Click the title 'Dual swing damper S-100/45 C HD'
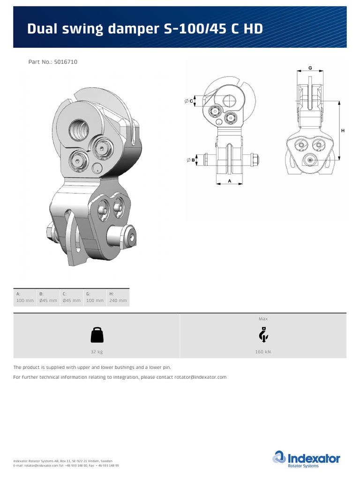(145, 29)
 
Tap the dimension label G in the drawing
(310, 68)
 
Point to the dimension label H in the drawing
(343, 131)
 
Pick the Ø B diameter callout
(190, 160)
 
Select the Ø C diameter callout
(189, 101)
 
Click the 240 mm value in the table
(118, 300)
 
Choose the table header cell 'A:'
(19, 293)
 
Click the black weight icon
(97, 335)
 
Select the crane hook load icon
(263, 335)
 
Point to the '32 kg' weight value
(97, 352)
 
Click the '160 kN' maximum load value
(263, 352)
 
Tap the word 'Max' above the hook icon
(263, 319)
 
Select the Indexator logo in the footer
(307, 459)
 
